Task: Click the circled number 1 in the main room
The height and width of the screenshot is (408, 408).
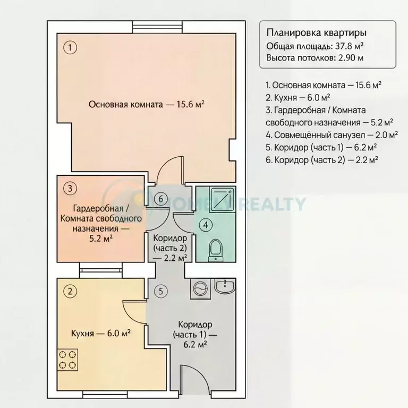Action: [70, 47]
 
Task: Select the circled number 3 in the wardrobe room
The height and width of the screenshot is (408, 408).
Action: [70, 188]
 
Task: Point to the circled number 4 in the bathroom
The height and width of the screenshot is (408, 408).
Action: [205, 225]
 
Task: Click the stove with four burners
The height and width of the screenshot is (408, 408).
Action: [68, 360]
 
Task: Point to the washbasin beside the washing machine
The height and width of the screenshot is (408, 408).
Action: [225, 287]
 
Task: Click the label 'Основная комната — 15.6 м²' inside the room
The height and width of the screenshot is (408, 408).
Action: [147, 105]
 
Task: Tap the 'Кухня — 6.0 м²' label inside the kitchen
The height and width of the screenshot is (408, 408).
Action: [101, 334]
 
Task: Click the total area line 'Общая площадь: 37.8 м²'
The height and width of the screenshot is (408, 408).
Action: [319, 46]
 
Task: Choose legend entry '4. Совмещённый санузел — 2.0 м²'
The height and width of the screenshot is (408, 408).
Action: [324, 134]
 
